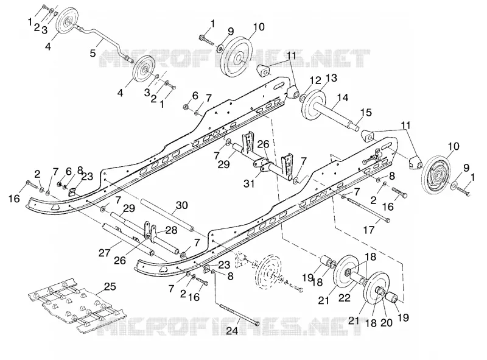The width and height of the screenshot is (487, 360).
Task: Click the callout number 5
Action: (x=93, y=53)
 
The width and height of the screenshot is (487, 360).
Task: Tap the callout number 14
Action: (x=343, y=97)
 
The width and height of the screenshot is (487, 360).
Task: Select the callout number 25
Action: (x=110, y=286)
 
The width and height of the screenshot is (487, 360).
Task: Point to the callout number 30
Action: (x=181, y=205)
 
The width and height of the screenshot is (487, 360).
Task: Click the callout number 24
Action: (x=232, y=331)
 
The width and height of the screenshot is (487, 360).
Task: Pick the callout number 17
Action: (x=370, y=230)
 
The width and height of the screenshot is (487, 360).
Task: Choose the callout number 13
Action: (x=331, y=78)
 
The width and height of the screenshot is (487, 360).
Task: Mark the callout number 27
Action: (x=105, y=253)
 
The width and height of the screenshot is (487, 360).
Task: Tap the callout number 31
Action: (x=249, y=183)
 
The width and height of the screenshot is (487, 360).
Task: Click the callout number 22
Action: (x=345, y=297)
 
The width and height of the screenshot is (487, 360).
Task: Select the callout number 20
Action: (x=387, y=323)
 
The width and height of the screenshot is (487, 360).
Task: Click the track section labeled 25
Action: (x=76, y=304)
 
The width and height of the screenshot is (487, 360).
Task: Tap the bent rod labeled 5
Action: (x=102, y=41)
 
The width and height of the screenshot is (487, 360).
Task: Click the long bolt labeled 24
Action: (x=237, y=314)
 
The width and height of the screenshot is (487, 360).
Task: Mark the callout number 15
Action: (x=366, y=112)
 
